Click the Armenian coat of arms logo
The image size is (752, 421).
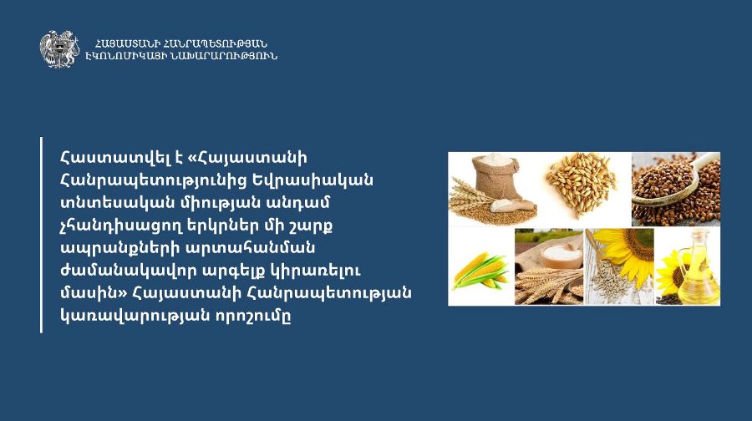pyautogui.click(x=59, y=49)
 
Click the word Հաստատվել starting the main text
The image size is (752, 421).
pyautogui.click(x=105, y=157)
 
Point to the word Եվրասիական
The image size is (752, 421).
pyautogui.click(x=312, y=180)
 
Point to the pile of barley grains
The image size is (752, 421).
pyautogui.click(x=582, y=185)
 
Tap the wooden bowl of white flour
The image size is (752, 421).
pyautogui.click(x=561, y=256)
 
